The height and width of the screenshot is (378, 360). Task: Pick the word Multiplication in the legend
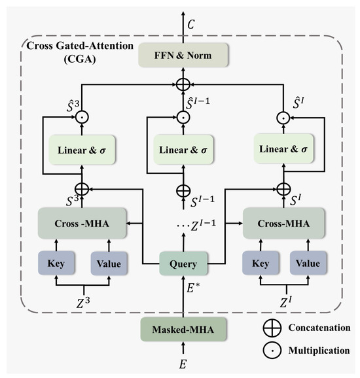click(x=319, y=351)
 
